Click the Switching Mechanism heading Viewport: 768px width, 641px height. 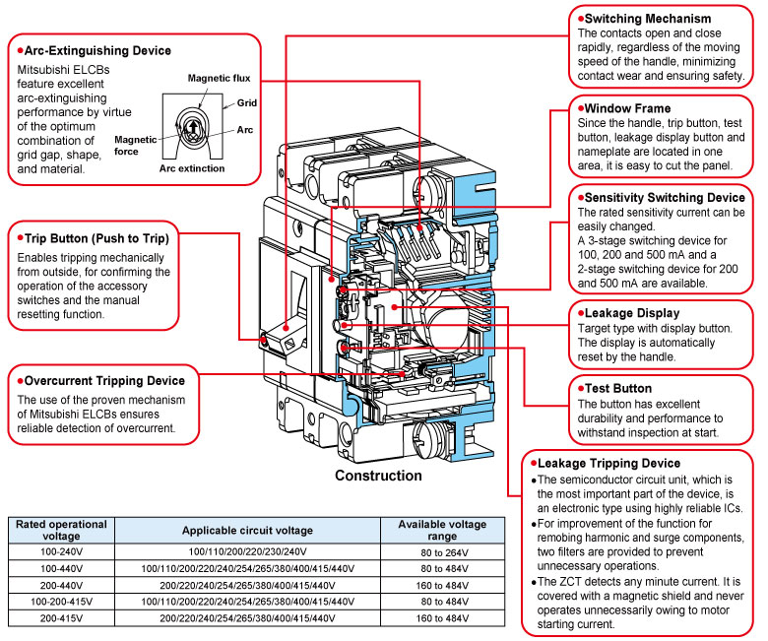click(x=648, y=19)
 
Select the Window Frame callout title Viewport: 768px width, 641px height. click(x=628, y=107)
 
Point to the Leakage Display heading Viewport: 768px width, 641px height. click(x=632, y=313)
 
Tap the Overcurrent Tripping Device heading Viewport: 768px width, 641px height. click(x=104, y=380)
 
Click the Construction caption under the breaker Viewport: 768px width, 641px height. click(x=378, y=476)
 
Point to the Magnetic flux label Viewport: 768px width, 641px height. click(x=222, y=78)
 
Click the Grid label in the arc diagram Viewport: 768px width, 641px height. click(x=246, y=102)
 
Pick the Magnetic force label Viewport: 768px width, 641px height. click(x=135, y=144)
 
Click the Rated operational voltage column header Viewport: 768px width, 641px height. click(x=61, y=530)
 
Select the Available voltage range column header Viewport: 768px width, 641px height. click(x=442, y=530)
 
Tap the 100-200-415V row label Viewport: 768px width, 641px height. click(x=61, y=601)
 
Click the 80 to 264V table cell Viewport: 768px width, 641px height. click(x=442, y=551)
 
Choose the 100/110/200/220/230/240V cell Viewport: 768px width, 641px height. click(x=247, y=551)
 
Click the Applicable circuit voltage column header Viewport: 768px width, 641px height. click(x=247, y=530)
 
